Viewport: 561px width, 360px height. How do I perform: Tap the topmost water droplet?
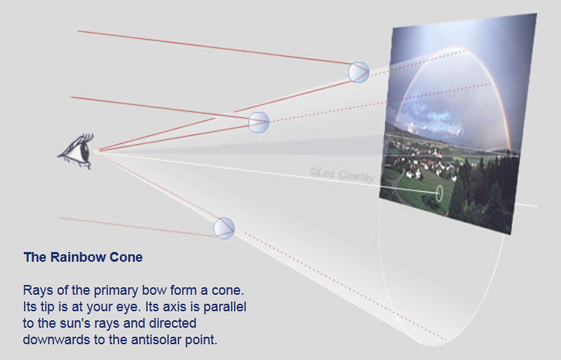click(x=358, y=72)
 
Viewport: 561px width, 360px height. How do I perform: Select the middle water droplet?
click(x=259, y=122)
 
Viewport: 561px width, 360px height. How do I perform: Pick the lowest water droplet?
click(x=224, y=228)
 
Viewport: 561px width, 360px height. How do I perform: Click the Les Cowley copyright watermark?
click(x=342, y=175)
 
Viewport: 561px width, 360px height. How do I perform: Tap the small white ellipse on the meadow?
click(x=439, y=193)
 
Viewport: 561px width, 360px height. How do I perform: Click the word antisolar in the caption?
click(x=155, y=339)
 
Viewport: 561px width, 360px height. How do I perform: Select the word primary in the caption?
click(x=115, y=290)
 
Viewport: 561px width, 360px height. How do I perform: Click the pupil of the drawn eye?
click(x=85, y=151)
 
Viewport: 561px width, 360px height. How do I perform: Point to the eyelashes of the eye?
click(x=85, y=139)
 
